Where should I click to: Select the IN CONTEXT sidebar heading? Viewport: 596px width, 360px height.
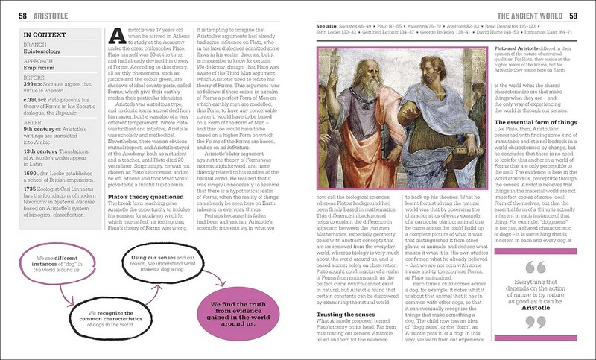[48, 34]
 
